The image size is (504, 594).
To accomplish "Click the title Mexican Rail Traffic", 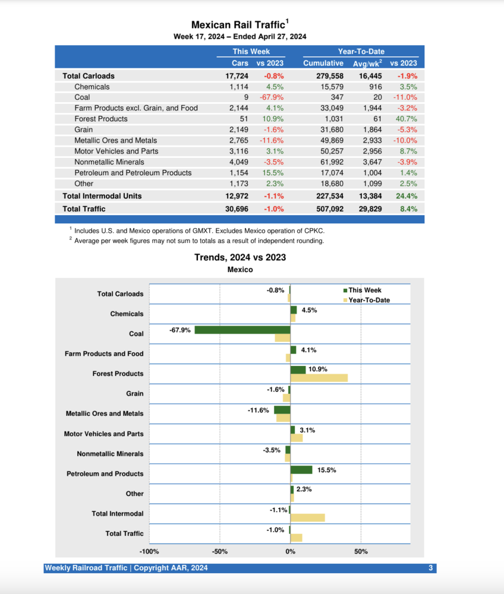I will (239, 25).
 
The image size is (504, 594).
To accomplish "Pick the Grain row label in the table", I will (83, 129).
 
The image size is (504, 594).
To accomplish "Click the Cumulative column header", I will (323, 63).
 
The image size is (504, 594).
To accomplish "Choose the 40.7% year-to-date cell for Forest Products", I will (406, 119).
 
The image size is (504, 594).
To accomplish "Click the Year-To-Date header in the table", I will (361, 52).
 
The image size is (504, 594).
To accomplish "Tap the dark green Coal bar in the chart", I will (242, 330).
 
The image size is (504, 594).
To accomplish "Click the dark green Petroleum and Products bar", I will (301, 470).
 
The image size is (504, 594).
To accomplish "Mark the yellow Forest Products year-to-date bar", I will (319, 378).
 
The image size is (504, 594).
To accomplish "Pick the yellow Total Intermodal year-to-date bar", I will (307, 517).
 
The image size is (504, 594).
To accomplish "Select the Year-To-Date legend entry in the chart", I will (368, 300).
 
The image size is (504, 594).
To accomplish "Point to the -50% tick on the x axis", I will (220, 551).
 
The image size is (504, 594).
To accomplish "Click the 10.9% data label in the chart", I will (318, 369).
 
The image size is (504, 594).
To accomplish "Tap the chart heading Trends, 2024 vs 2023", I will (240, 258).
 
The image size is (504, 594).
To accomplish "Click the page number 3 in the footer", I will (431, 568).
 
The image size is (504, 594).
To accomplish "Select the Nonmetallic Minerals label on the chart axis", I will (110, 454).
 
